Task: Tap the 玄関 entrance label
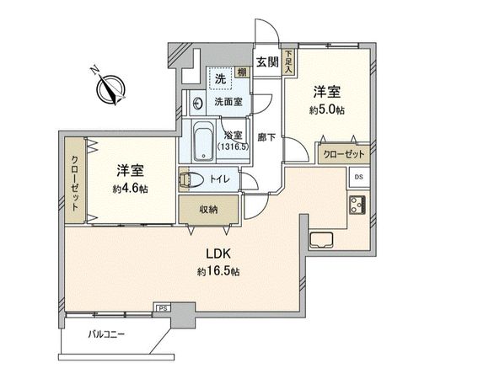pos(267,61)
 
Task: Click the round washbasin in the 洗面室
pos(197,103)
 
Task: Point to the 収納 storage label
pos(209,209)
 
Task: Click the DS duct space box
pos(358,177)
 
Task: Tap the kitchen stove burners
pos(357,204)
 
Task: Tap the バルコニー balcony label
pos(107,335)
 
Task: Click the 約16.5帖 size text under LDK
pos(219,272)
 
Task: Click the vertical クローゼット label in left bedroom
pos(75,184)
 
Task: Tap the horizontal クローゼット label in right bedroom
pos(343,155)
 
